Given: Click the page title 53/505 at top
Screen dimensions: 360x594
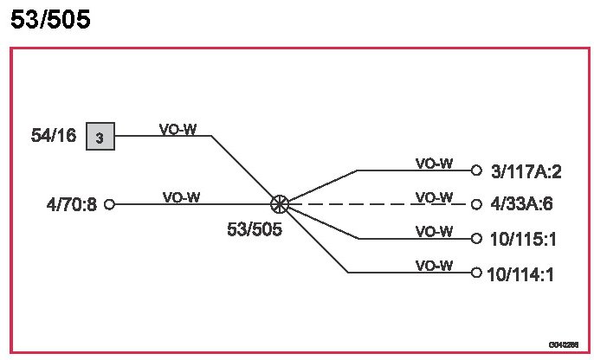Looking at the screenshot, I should pos(50,20).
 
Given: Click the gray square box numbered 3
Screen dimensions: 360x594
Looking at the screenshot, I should pos(100,137).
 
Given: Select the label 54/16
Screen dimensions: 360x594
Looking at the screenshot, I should pos(54,136).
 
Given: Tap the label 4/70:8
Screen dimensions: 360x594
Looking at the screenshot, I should pos(72,205).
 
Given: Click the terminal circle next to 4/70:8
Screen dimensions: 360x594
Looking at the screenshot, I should pos(109,204).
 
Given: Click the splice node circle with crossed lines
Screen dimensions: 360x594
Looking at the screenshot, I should pos(279,204).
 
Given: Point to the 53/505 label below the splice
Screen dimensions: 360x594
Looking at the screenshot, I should pos(255,230).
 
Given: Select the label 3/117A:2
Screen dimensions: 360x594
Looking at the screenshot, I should pos(526,171).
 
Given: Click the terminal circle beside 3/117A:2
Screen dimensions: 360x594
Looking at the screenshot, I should pos(476,170).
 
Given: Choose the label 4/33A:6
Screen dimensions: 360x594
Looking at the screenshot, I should pos(521,205).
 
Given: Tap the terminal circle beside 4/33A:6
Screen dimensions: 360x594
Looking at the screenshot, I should pos(476,204).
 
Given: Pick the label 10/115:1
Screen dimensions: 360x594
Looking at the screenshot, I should pos(522,239).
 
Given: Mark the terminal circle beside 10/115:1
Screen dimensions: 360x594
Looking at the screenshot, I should pos(476,238).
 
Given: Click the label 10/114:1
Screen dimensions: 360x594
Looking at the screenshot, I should pos(520,274).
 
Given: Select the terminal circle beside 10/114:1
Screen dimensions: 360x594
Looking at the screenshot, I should pos(476,273).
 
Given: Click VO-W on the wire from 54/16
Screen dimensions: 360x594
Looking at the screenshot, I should pos(178,130).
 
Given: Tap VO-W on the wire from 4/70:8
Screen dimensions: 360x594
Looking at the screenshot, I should pos(181,197).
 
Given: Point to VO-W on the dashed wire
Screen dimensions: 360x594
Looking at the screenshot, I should pos(434,197).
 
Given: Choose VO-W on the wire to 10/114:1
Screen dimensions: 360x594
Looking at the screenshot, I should pos(434,266).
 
